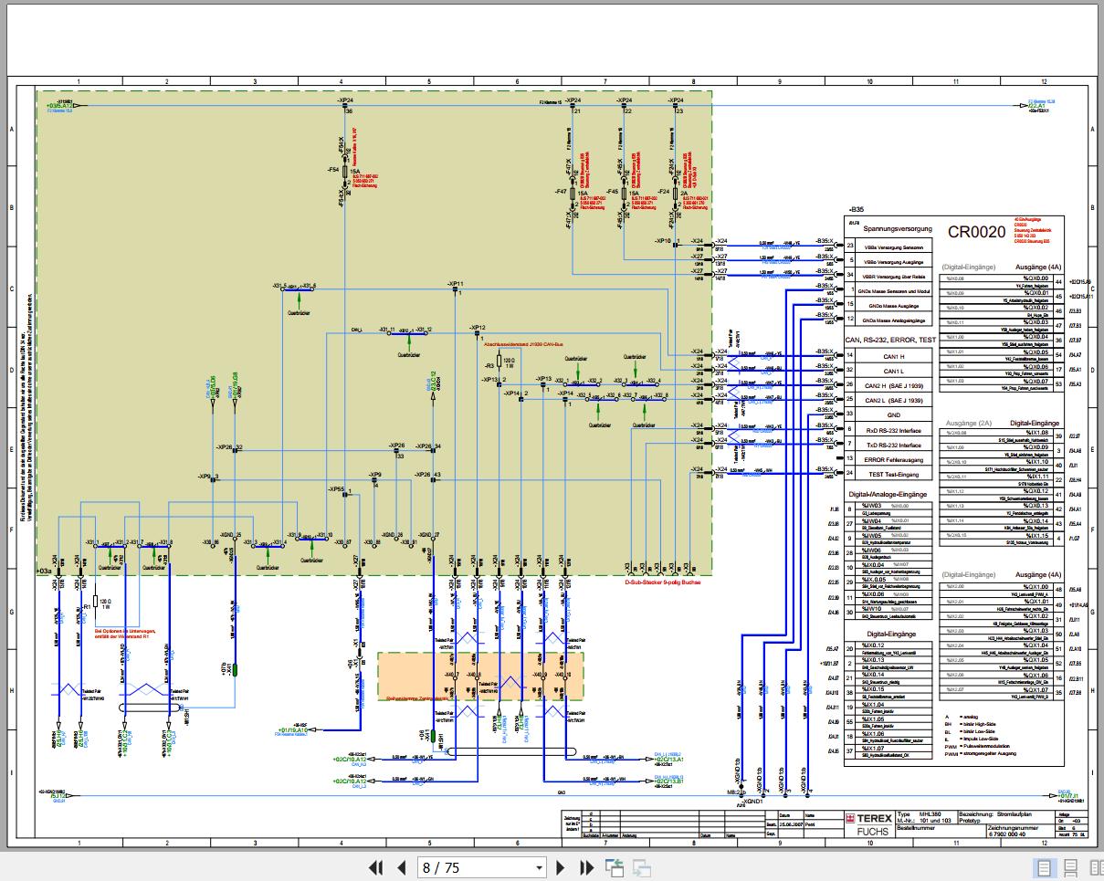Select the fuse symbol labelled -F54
pos(342,170)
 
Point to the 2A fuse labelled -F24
pos(676,193)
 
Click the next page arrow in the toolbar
pos(562,867)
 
